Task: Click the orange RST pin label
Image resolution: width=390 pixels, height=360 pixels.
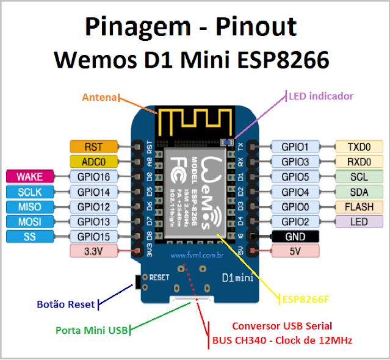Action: (93, 146)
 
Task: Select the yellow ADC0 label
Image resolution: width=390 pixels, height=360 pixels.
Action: (93, 162)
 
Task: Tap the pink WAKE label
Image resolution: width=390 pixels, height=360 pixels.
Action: (29, 176)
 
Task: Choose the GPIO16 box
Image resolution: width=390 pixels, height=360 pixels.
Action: (93, 176)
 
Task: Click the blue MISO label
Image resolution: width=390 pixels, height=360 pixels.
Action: (29, 206)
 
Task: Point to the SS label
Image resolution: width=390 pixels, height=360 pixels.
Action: (29, 236)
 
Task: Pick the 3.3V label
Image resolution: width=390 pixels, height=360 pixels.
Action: (93, 251)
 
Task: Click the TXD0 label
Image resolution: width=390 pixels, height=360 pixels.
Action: (359, 146)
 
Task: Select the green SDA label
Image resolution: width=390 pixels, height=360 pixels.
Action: (359, 192)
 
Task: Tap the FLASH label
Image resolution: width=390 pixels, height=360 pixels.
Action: (359, 206)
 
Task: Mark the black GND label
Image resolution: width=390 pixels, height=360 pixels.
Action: (295, 236)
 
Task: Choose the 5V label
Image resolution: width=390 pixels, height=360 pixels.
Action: (295, 251)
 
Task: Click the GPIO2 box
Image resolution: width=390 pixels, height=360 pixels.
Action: (295, 221)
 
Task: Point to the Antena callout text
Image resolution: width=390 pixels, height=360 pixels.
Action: (100, 97)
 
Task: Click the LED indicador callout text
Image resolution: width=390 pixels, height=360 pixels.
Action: (321, 96)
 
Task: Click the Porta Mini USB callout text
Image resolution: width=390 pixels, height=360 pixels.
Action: (92, 331)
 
